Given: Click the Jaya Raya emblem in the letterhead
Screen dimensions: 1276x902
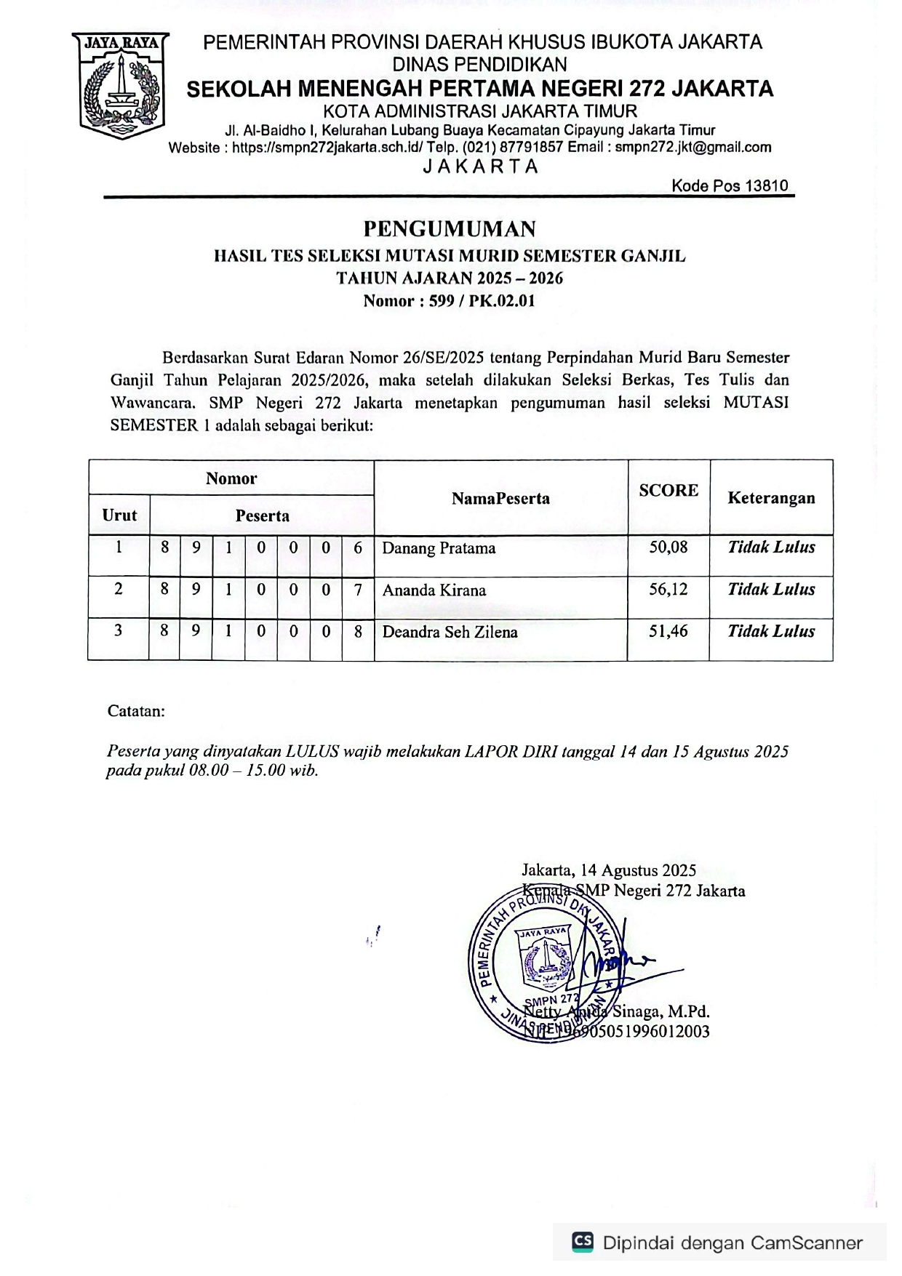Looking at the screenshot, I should click(x=121, y=86).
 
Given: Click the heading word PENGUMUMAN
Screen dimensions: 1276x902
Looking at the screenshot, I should click(x=450, y=229).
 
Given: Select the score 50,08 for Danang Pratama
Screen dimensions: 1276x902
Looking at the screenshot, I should click(x=668, y=547).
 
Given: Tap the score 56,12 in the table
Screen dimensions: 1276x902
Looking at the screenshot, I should click(x=668, y=590).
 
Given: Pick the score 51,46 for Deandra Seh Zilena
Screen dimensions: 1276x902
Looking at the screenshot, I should click(x=668, y=631).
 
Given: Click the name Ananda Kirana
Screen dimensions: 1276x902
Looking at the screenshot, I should click(x=434, y=590).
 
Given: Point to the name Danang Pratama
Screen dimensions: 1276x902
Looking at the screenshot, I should click(x=439, y=548).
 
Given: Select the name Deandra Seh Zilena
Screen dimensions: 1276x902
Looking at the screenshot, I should click(x=450, y=632).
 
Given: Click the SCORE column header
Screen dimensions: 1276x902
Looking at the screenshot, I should click(x=668, y=491).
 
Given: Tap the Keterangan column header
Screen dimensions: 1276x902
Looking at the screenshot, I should click(x=771, y=498).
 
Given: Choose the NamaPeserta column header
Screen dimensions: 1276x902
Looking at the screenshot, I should click(x=500, y=499).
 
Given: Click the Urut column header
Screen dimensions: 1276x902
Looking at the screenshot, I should click(x=119, y=515).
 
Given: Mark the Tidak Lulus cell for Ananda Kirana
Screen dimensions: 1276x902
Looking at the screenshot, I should click(x=771, y=590).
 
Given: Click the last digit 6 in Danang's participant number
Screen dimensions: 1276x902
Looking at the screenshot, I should click(x=358, y=547).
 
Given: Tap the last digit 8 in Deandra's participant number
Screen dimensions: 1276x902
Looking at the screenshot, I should click(x=358, y=632).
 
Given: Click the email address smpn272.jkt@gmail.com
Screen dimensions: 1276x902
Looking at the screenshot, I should click(x=693, y=148).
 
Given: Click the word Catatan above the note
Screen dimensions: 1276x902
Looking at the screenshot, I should click(x=136, y=711).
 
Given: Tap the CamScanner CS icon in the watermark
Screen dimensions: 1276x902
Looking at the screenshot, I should click(x=583, y=1241).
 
